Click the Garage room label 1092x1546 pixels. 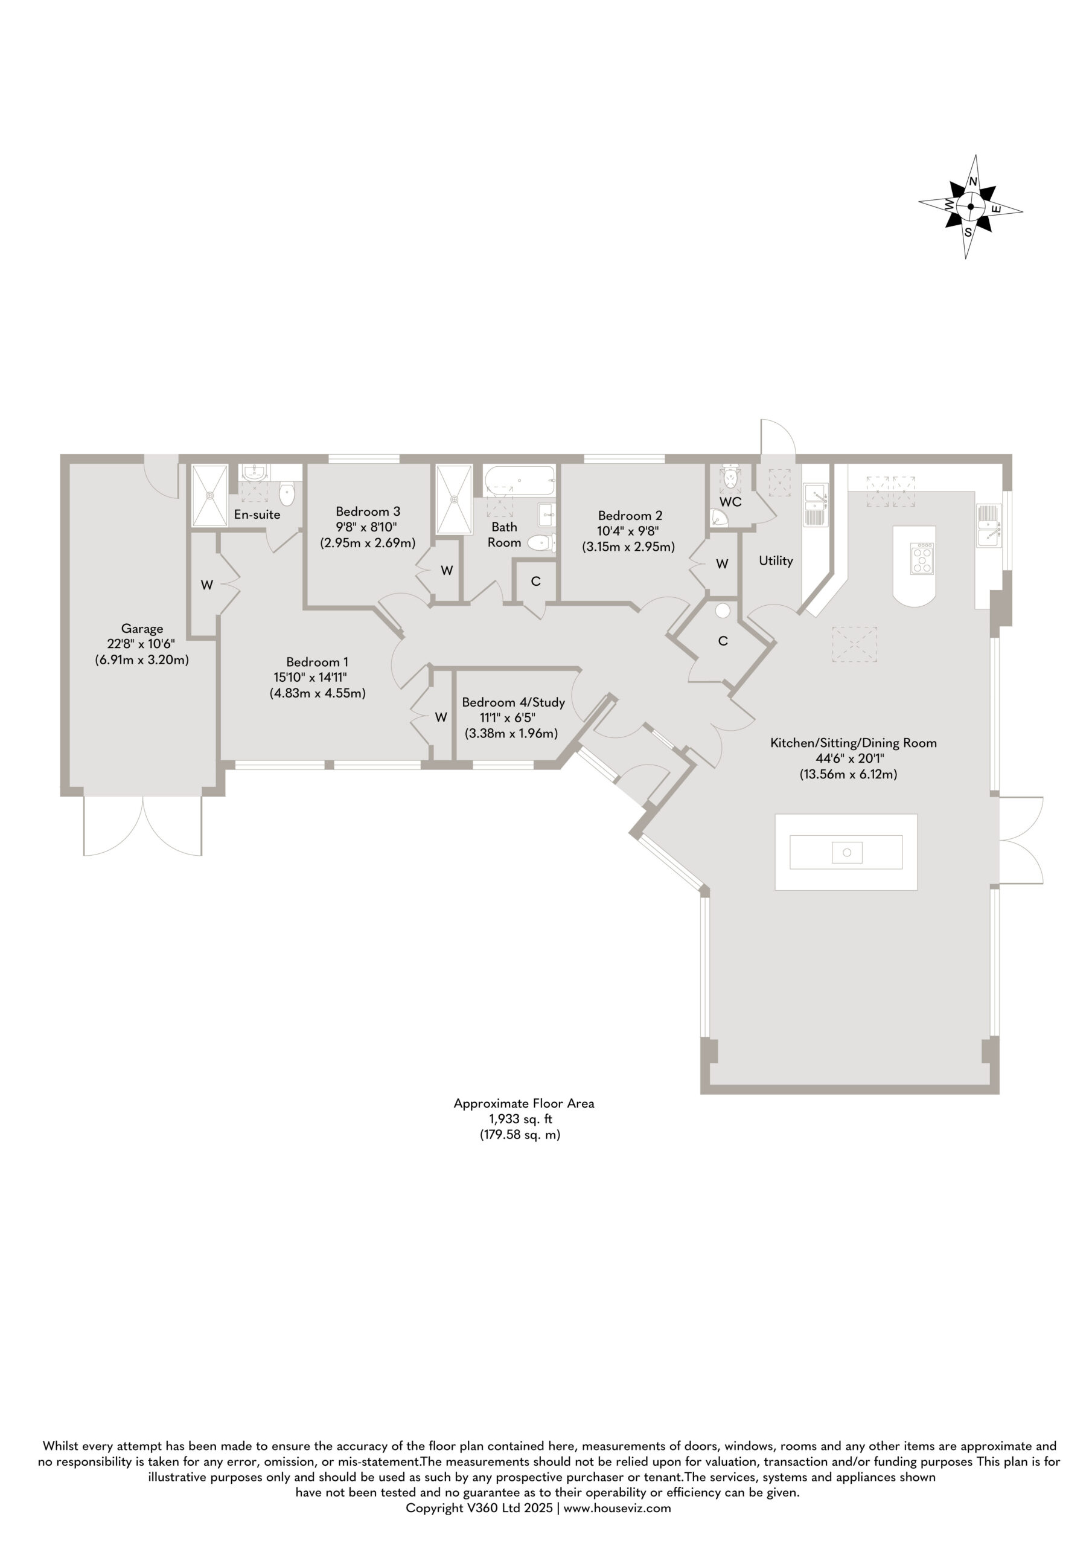(x=142, y=629)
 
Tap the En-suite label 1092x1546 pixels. (x=257, y=515)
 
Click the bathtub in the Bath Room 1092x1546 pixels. (x=519, y=480)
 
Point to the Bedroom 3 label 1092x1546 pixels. (x=368, y=512)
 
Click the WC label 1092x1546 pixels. (x=730, y=502)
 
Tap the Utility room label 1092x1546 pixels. (x=776, y=560)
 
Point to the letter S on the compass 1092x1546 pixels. (x=968, y=233)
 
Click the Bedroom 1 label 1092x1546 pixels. (x=317, y=662)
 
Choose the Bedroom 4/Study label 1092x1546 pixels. (x=513, y=702)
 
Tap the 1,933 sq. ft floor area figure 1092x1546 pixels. (x=520, y=1119)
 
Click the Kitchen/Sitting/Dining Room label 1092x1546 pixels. (x=854, y=743)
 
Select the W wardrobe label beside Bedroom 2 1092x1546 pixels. (x=722, y=563)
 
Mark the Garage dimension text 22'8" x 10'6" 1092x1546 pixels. (x=141, y=644)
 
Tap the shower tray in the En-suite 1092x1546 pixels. (x=210, y=496)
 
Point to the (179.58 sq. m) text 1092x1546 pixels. (x=520, y=1135)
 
